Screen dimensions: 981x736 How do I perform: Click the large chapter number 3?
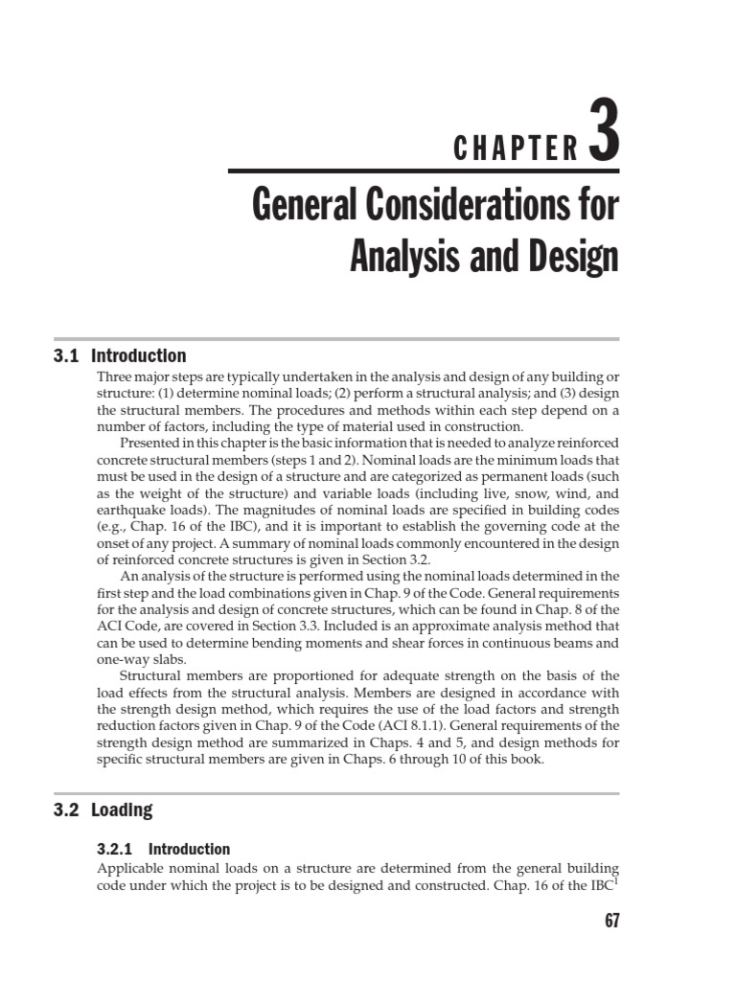[602, 135]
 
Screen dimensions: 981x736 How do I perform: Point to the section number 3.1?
[66, 356]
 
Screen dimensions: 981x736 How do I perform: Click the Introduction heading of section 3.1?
[139, 356]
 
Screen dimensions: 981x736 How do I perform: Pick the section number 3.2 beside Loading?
[66, 810]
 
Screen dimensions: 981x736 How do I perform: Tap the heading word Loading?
[122, 810]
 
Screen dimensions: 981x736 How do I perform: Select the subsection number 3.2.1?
[120, 850]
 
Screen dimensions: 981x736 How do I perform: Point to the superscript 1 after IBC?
[616, 880]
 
